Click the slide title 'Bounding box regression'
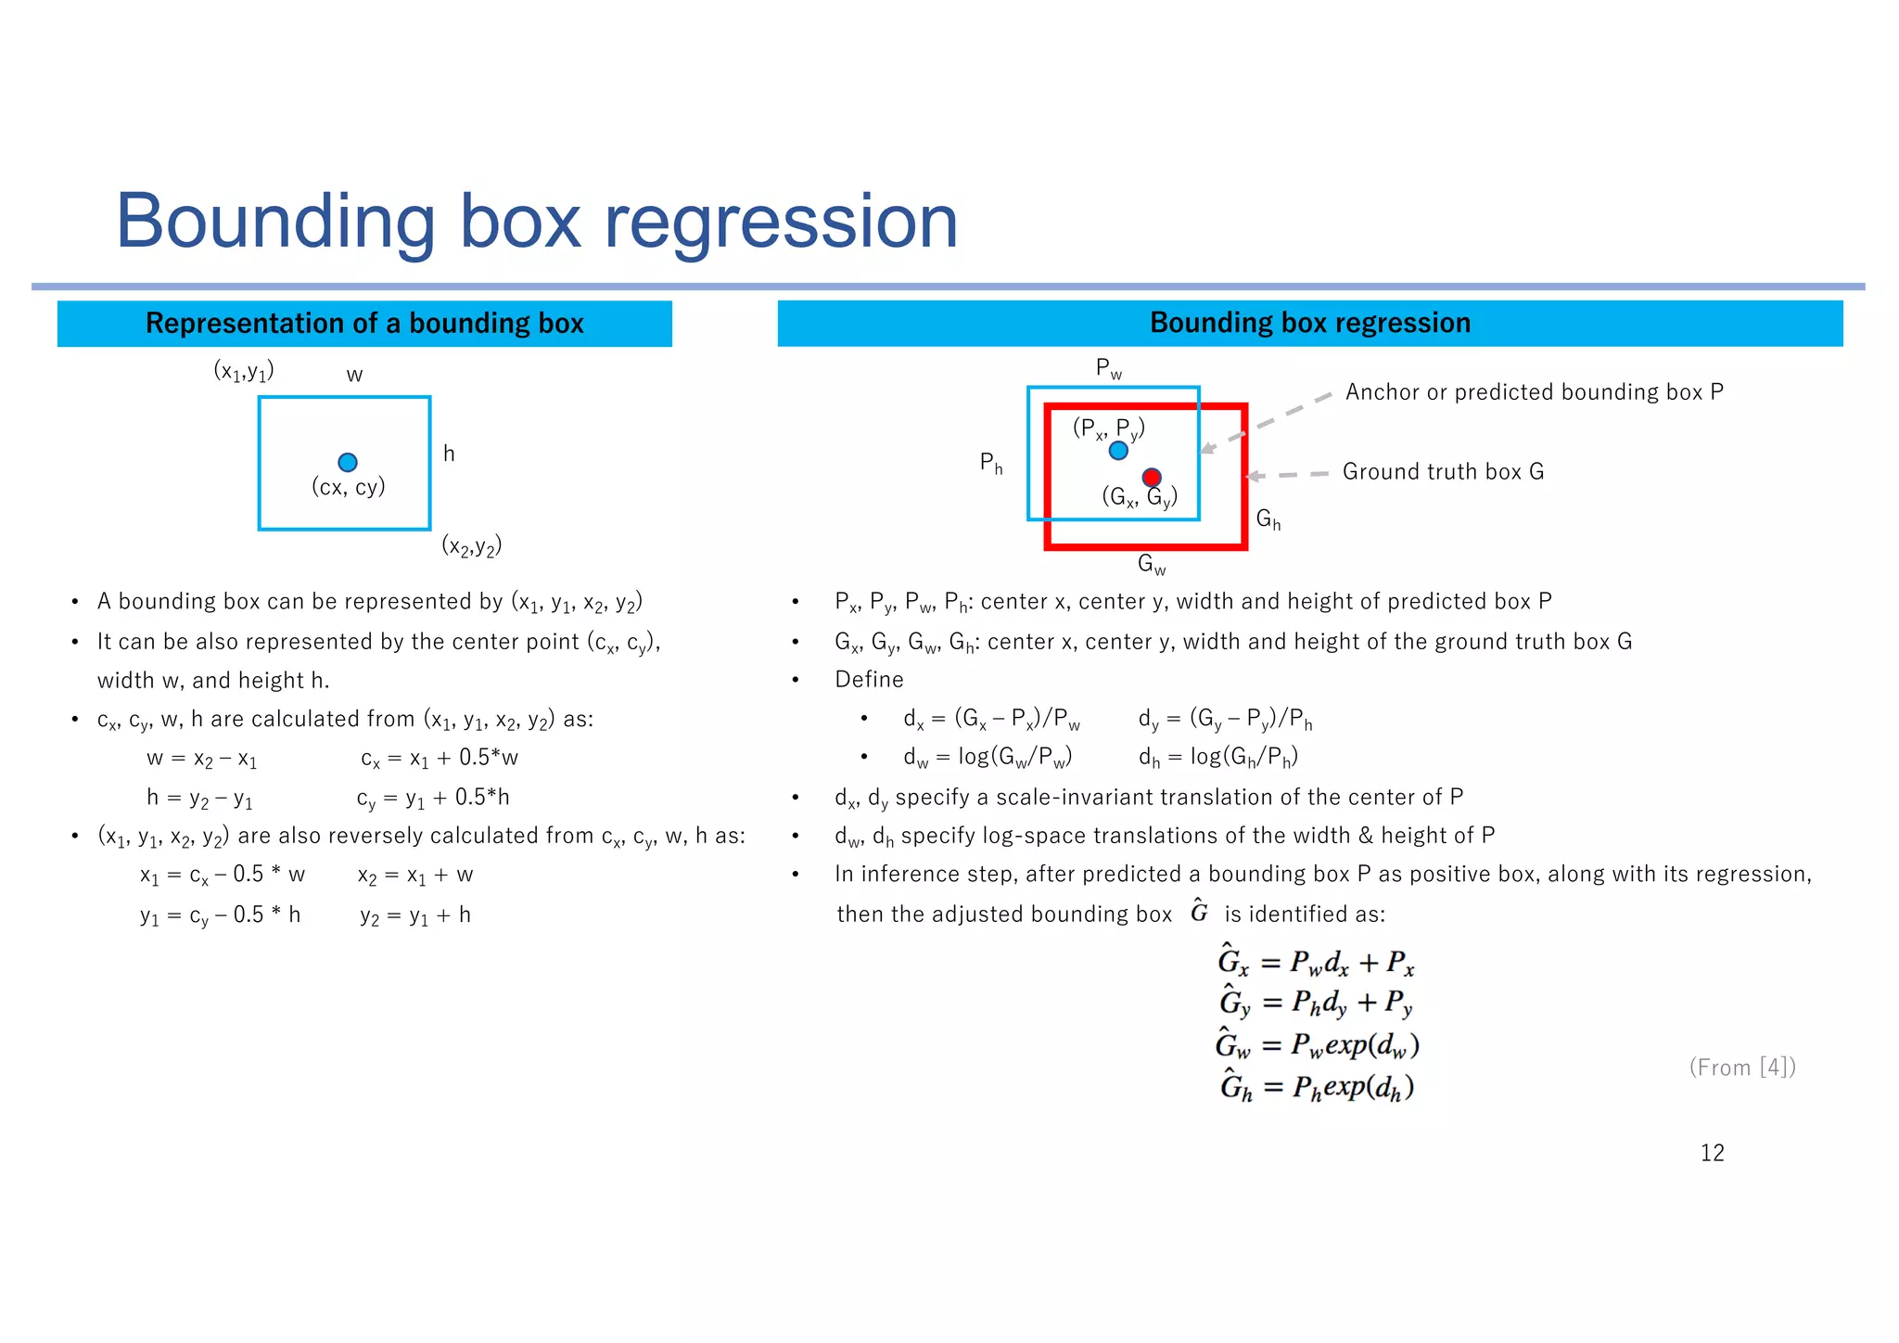point(536,222)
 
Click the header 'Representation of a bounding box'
point(364,323)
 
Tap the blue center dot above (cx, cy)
point(348,462)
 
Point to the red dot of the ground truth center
point(1152,477)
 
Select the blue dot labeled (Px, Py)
point(1118,451)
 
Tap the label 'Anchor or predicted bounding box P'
point(1534,391)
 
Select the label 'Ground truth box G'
point(1443,471)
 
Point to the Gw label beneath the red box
point(1152,564)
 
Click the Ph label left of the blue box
point(991,462)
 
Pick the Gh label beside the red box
point(1268,519)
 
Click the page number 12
point(1712,1153)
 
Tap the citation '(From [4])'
point(1741,1068)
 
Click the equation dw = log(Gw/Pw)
point(988,758)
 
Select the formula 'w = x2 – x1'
point(201,759)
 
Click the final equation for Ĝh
point(1317,1087)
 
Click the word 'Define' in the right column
point(869,679)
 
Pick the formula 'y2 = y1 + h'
point(415,915)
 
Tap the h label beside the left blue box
point(449,454)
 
